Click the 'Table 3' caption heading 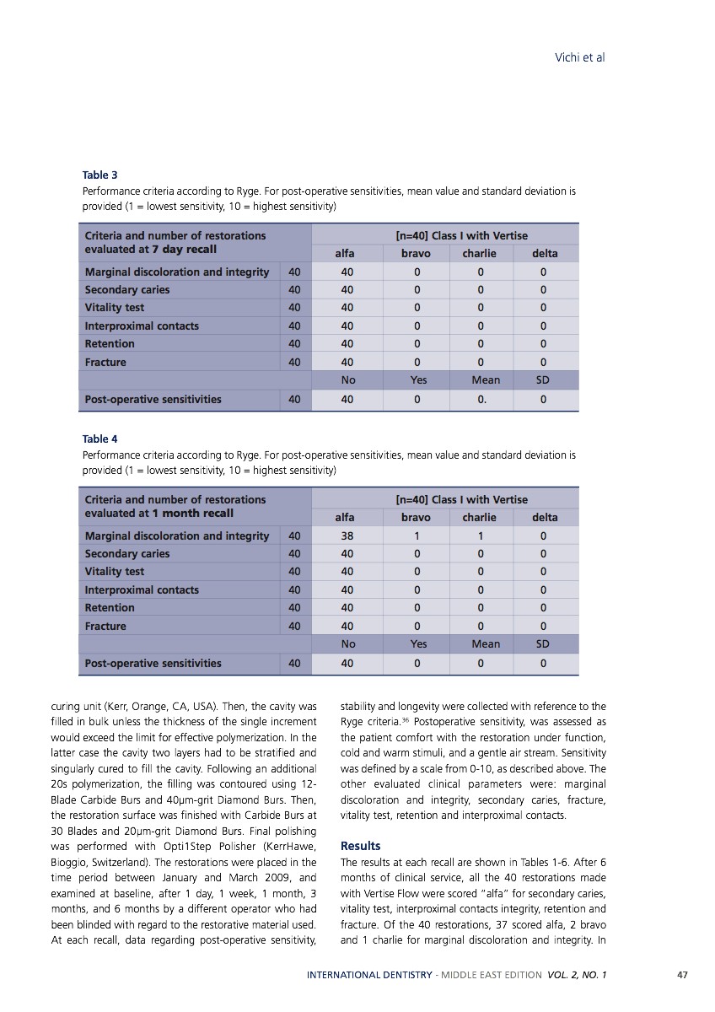click(99, 175)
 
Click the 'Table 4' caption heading click(99, 439)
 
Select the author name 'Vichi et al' click(579, 57)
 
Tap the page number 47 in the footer click(682, 975)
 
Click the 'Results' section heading click(360, 846)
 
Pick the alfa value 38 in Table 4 click(347, 536)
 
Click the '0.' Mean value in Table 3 click(482, 399)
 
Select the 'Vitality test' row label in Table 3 click(115, 308)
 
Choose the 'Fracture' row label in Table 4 click(105, 627)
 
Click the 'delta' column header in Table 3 click(545, 253)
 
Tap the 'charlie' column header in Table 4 click(479, 517)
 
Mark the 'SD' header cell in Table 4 click(543, 644)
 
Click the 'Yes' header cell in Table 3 click(418, 380)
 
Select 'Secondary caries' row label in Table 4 click(127, 554)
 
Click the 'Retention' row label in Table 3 click(110, 344)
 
